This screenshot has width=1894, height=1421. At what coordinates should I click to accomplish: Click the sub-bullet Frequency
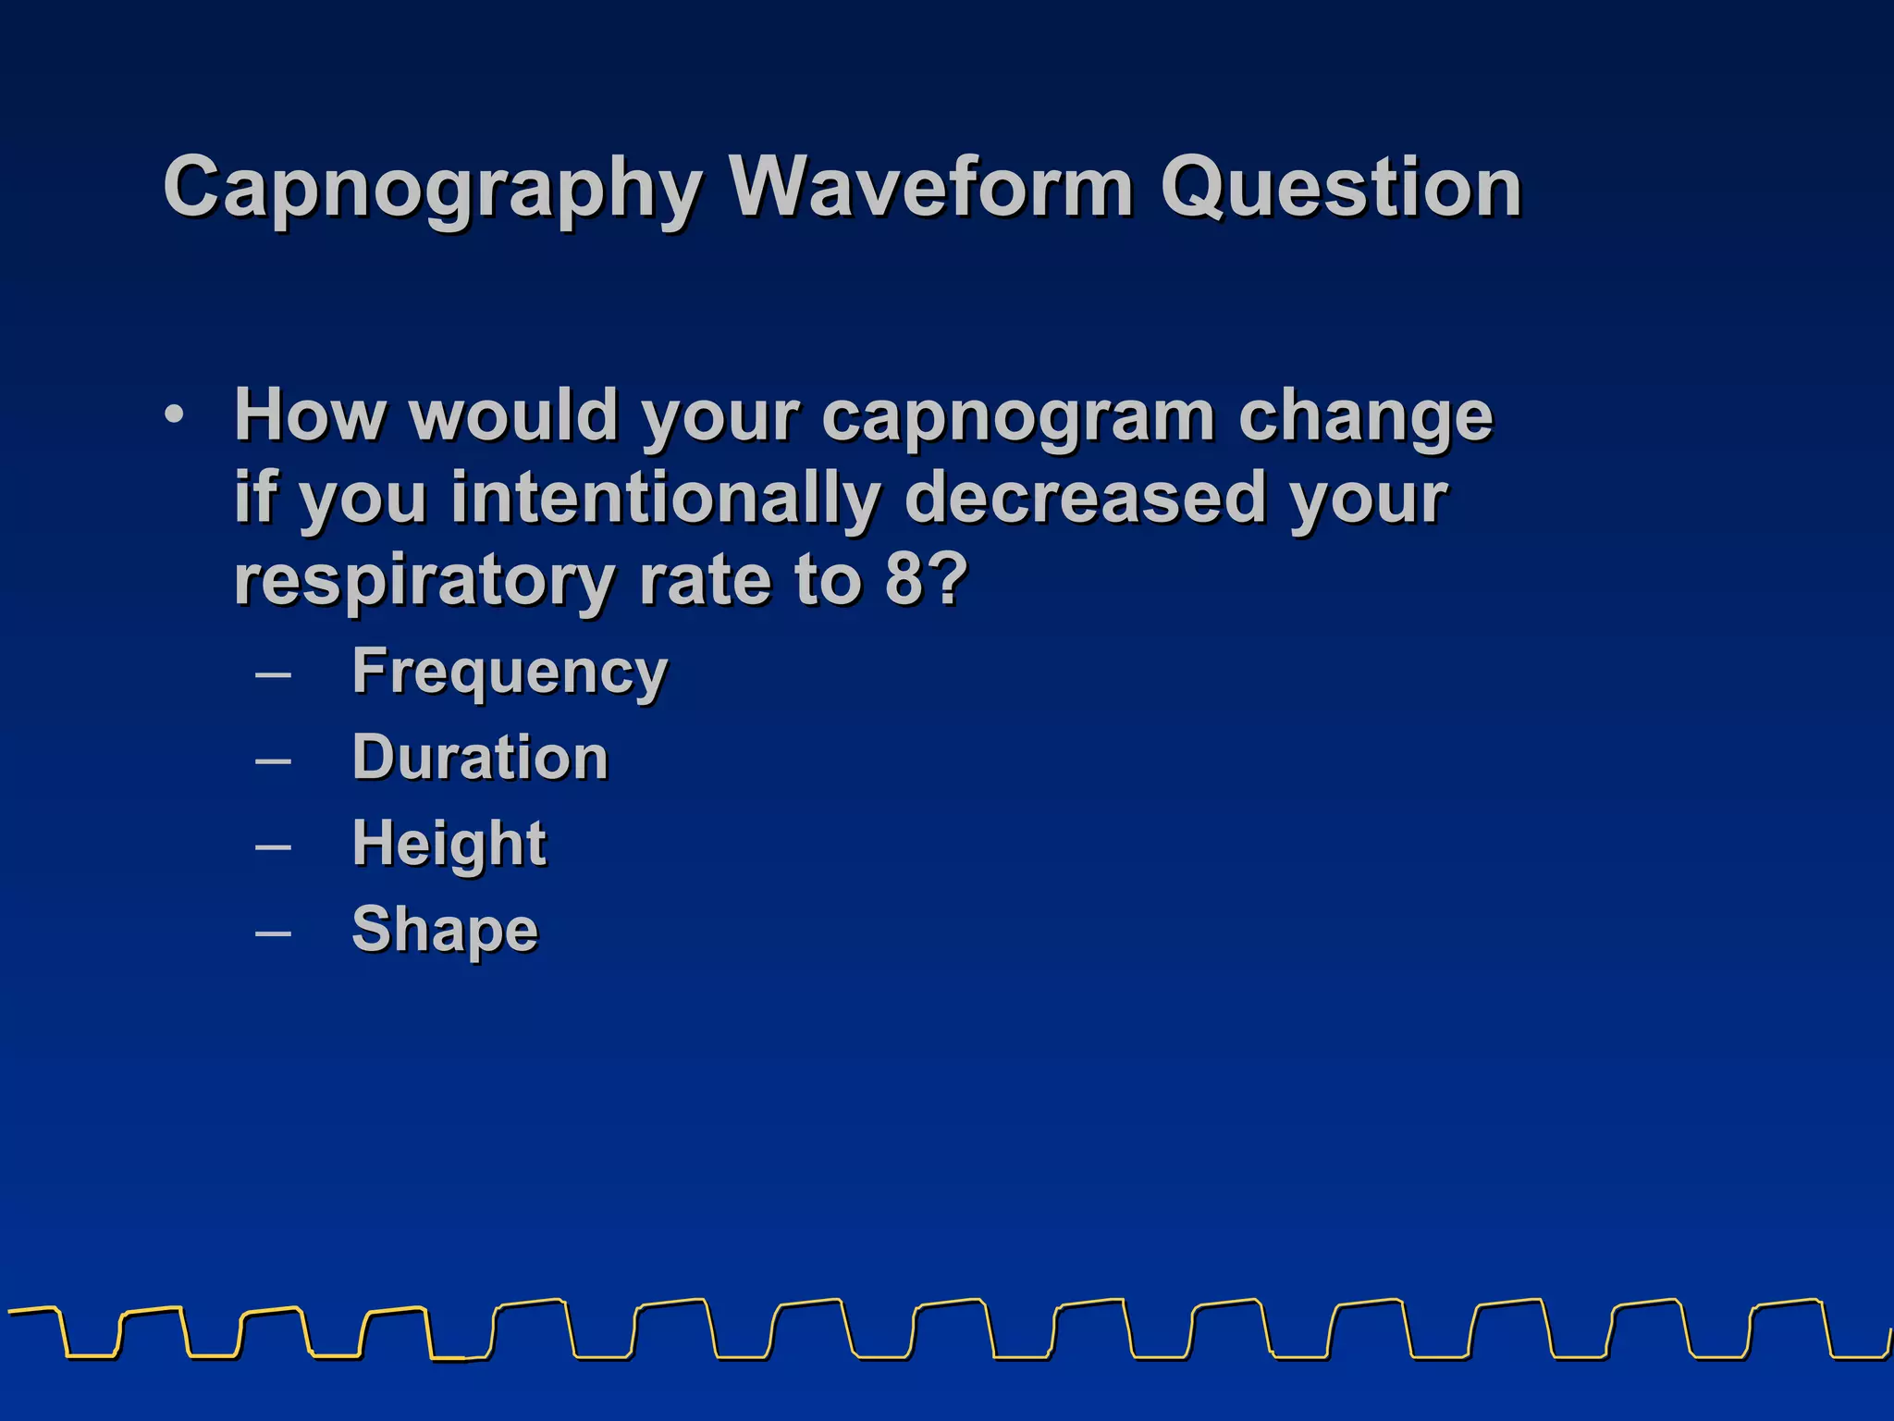coord(510,672)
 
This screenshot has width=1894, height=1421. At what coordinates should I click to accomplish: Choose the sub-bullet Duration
coord(480,758)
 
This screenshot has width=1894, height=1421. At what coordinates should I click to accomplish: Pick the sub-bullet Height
coord(449,843)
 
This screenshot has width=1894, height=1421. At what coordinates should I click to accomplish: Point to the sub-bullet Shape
coord(445,929)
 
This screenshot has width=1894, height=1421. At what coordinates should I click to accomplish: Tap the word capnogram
coord(1017,416)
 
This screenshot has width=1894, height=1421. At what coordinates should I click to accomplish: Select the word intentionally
coord(666,498)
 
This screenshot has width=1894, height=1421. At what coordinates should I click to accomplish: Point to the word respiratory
coord(424,580)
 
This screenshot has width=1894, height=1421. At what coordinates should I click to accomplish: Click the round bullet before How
coord(174,415)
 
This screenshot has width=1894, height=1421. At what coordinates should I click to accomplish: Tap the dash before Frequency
coord(273,674)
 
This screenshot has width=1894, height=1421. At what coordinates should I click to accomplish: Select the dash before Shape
coord(273,932)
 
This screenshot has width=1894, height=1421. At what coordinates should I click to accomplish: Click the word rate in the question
coord(704,580)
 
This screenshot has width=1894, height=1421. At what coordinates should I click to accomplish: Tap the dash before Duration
coord(273,760)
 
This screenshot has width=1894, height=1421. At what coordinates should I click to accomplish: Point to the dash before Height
coord(273,846)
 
